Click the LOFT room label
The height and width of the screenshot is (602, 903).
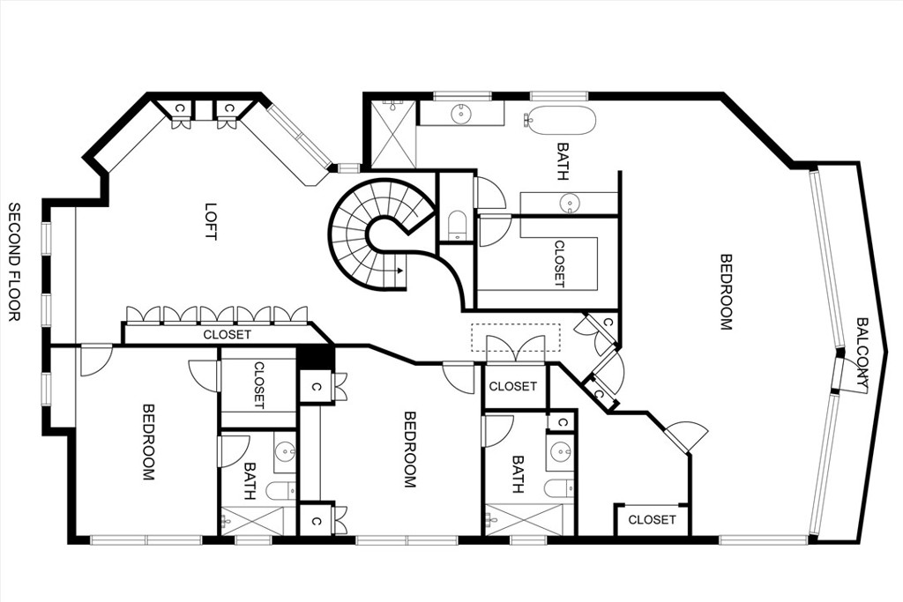click(x=211, y=221)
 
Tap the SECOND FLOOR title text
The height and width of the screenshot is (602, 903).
click(x=14, y=261)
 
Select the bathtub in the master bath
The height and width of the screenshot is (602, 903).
click(x=560, y=120)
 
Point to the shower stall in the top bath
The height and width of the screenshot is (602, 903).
click(x=392, y=134)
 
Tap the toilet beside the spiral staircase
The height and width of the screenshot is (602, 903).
click(x=457, y=226)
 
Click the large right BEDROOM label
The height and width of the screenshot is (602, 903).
click(x=726, y=292)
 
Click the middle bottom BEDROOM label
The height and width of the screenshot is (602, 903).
click(x=409, y=449)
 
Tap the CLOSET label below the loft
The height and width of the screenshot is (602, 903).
click(x=227, y=335)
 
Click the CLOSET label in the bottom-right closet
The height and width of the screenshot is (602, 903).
click(x=652, y=520)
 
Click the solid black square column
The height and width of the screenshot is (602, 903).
click(x=315, y=358)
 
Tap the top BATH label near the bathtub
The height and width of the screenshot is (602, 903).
click(x=563, y=161)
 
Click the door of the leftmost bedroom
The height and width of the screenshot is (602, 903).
click(x=95, y=359)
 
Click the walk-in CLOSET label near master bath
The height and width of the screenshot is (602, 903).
click(x=559, y=263)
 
